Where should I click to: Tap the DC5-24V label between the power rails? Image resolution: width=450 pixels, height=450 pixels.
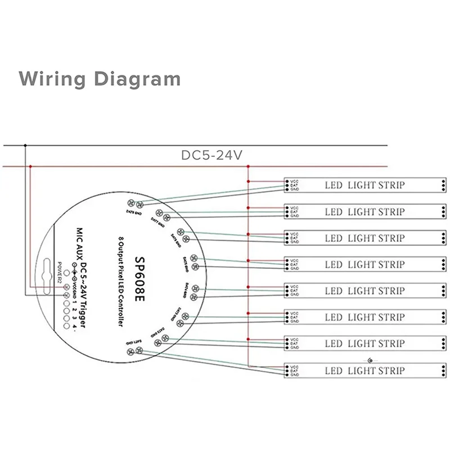(211, 155)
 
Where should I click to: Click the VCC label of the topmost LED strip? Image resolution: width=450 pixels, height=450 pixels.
(294, 181)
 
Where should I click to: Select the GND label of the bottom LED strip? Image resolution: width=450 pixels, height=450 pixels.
(294, 374)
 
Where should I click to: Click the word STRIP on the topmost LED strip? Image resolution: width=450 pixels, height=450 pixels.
(391, 184)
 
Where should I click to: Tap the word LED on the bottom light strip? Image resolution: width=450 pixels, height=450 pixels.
(334, 370)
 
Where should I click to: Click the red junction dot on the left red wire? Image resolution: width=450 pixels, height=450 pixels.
(30, 166)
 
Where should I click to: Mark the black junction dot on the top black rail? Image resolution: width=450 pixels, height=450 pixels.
(25, 146)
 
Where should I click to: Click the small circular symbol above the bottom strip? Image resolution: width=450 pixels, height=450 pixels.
(369, 359)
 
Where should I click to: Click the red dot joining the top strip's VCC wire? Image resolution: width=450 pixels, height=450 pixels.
(248, 181)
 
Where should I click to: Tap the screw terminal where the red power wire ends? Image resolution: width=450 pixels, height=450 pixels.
(67, 287)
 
